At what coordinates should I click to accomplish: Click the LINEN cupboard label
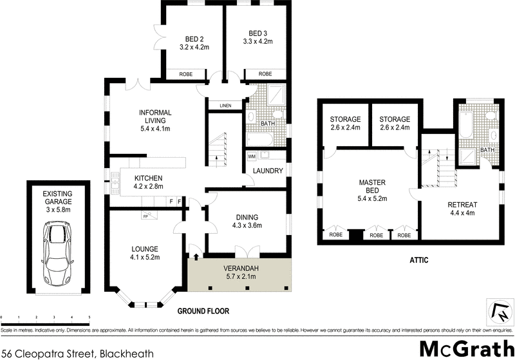point(225,106)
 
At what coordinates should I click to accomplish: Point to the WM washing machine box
point(250,156)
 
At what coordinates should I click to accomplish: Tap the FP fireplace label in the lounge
point(147,216)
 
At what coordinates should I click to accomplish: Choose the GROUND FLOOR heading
point(203,311)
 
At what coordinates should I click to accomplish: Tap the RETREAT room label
point(464,205)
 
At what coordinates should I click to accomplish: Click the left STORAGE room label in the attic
point(344,120)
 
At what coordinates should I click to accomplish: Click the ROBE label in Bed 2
point(185,74)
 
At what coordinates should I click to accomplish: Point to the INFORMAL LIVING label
point(155,117)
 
